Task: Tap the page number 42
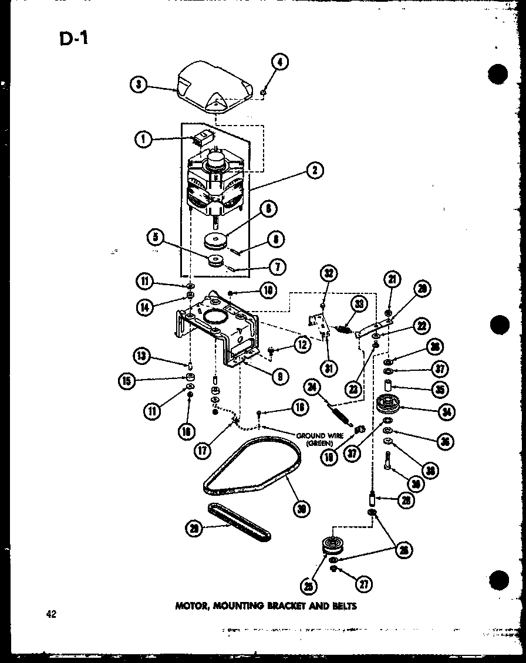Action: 52,614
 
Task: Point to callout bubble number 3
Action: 139,84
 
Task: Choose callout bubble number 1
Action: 143,139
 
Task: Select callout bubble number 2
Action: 315,171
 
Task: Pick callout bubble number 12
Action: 301,346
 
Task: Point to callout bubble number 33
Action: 358,303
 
